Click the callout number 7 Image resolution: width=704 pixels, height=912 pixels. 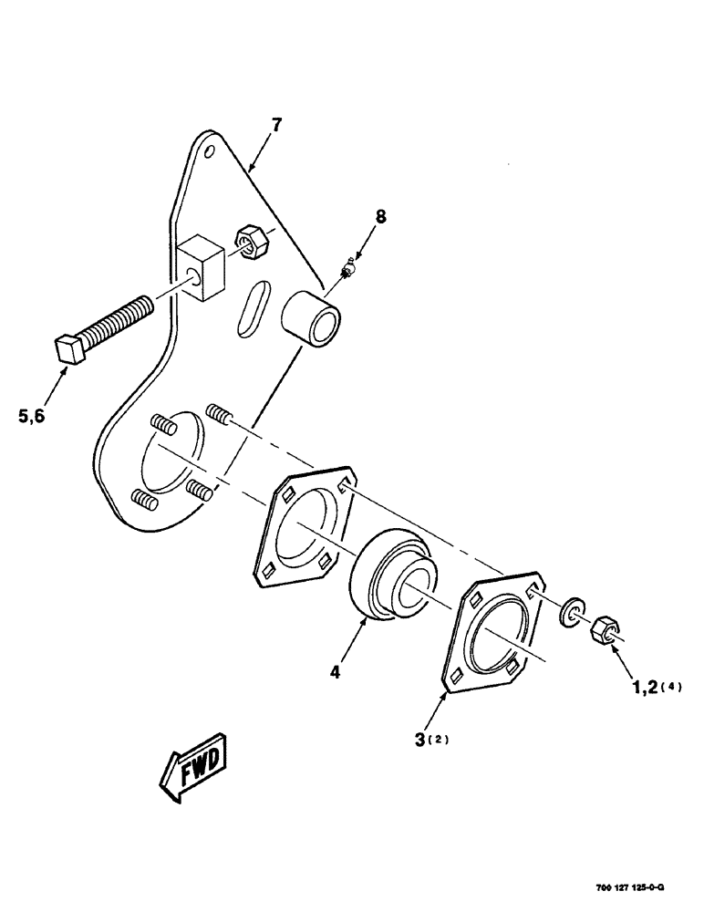tap(277, 124)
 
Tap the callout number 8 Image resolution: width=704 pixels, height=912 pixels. tap(380, 216)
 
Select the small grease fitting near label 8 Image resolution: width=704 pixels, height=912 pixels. tap(347, 271)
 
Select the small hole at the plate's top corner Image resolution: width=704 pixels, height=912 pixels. tap(209, 150)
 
